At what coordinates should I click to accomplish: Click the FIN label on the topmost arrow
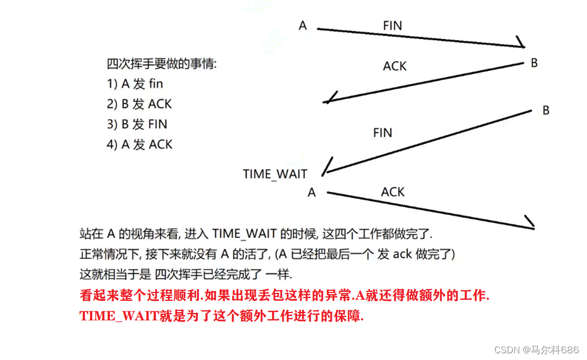(x=392, y=26)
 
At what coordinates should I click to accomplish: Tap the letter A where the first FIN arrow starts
(x=303, y=25)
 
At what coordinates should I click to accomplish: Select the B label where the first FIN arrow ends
(x=534, y=63)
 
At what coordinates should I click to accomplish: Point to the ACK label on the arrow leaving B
(x=394, y=66)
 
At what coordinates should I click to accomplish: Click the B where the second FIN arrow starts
(x=546, y=111)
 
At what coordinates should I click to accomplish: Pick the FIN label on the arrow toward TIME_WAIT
(x=383, y=133)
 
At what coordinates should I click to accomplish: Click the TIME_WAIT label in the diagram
(x=275, y=174)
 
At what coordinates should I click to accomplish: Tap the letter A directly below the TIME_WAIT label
(x=312, y=193)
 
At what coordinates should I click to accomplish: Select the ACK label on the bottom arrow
(x=393, y=192)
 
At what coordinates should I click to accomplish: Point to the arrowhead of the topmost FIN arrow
(x=521, y=44)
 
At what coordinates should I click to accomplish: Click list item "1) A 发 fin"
(x=135, y=84)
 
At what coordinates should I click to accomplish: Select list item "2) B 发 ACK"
(x=139, y=104)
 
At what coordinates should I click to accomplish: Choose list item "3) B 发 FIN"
(x=137, y=124)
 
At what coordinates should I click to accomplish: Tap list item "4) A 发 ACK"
(x=140, y=144)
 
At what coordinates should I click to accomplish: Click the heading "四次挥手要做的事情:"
(x=161, y=64)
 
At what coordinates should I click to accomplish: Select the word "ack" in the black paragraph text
(x=402, y=255)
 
